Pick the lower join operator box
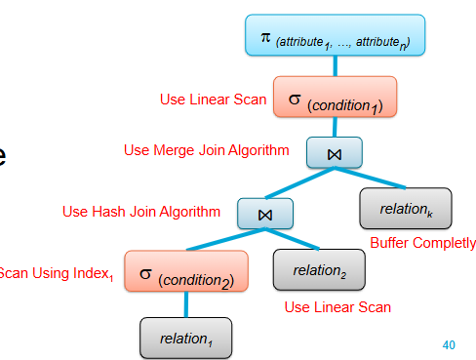click(263, 212)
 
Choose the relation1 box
click(186, 337)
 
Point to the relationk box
click(405, 209)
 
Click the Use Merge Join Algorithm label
click(207, 150)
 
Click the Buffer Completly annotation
click(422, 243)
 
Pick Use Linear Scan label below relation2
click(337, 306)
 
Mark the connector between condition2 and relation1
click(186, 304)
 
